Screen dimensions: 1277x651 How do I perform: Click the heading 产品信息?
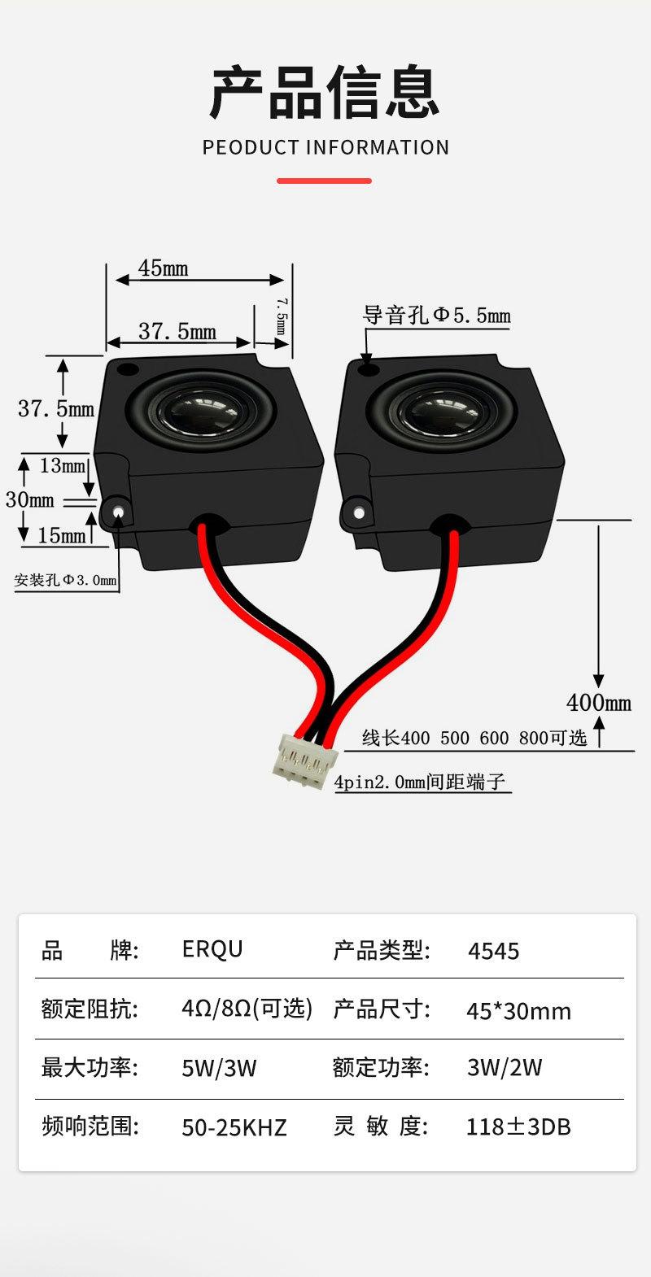pyautogui.click(x=325, y=93)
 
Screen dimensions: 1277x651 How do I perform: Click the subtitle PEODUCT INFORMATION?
pyautogui.click(x=325, y=147)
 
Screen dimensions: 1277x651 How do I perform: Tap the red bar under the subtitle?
pyautogui.click(x=325, y=181)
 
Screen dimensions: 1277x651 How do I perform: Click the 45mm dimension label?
pyautogui.click(x=163, y=268)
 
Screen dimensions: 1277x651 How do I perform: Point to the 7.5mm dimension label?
pyautogui.click(x=280, y=316)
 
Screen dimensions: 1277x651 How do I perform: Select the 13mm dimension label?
pyautogui.click(x=63, y=465)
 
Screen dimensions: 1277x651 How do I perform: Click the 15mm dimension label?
pyautogui.click(x=61, y=534)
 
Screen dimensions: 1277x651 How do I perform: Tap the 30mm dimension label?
pyautogui.click(x=29, y=499)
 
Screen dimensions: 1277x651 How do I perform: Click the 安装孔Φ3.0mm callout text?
pyautogui.click(x=65, y=580)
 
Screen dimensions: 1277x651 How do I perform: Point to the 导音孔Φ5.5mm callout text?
pyautogui.click(x=436, y=315)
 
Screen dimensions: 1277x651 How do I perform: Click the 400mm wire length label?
pyautogui.click(x=599, y=702)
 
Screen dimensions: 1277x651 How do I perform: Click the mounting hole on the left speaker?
pyautogui.click(x=119, y=512)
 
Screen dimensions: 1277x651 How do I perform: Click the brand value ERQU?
pyautogui.click(x=212, y=949)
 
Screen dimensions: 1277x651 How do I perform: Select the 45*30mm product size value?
pyautogui.click(x=518, y=1011)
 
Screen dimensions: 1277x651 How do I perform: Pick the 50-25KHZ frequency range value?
pyautogui.click(x=234, y=1127)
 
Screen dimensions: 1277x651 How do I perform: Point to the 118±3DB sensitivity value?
pyautogui.click(x=518, y=1127)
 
